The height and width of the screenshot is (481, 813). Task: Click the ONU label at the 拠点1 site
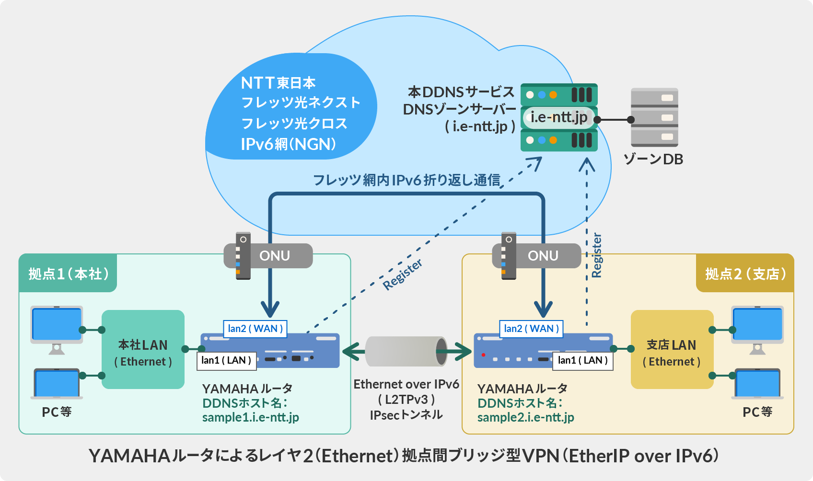click(274, 256)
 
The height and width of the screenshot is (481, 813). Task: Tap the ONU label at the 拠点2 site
click(543, 256)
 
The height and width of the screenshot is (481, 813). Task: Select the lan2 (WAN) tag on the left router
click(255, 329)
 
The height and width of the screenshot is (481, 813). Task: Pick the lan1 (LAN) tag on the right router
click(582, 360)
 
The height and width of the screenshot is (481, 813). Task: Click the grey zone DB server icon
click(654, 117)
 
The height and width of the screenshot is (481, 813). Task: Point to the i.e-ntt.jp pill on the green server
click(558, 117)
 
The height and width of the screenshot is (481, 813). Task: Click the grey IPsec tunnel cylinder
click(406, 351)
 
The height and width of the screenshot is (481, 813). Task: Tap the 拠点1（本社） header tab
click(68, 274)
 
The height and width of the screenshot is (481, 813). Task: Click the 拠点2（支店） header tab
click(745, 274)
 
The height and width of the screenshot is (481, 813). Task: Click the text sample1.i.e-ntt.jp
click(250, 417)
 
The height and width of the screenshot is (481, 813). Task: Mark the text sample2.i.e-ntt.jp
click(525, 417)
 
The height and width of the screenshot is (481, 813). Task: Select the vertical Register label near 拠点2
click(596, 255)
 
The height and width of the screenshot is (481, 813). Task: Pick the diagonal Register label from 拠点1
click(402, 274)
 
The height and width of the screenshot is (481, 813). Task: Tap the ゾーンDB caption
click(653, 160)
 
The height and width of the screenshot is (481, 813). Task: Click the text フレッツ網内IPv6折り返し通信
click(406, 180)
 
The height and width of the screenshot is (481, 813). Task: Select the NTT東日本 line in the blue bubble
click(278, 83)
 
